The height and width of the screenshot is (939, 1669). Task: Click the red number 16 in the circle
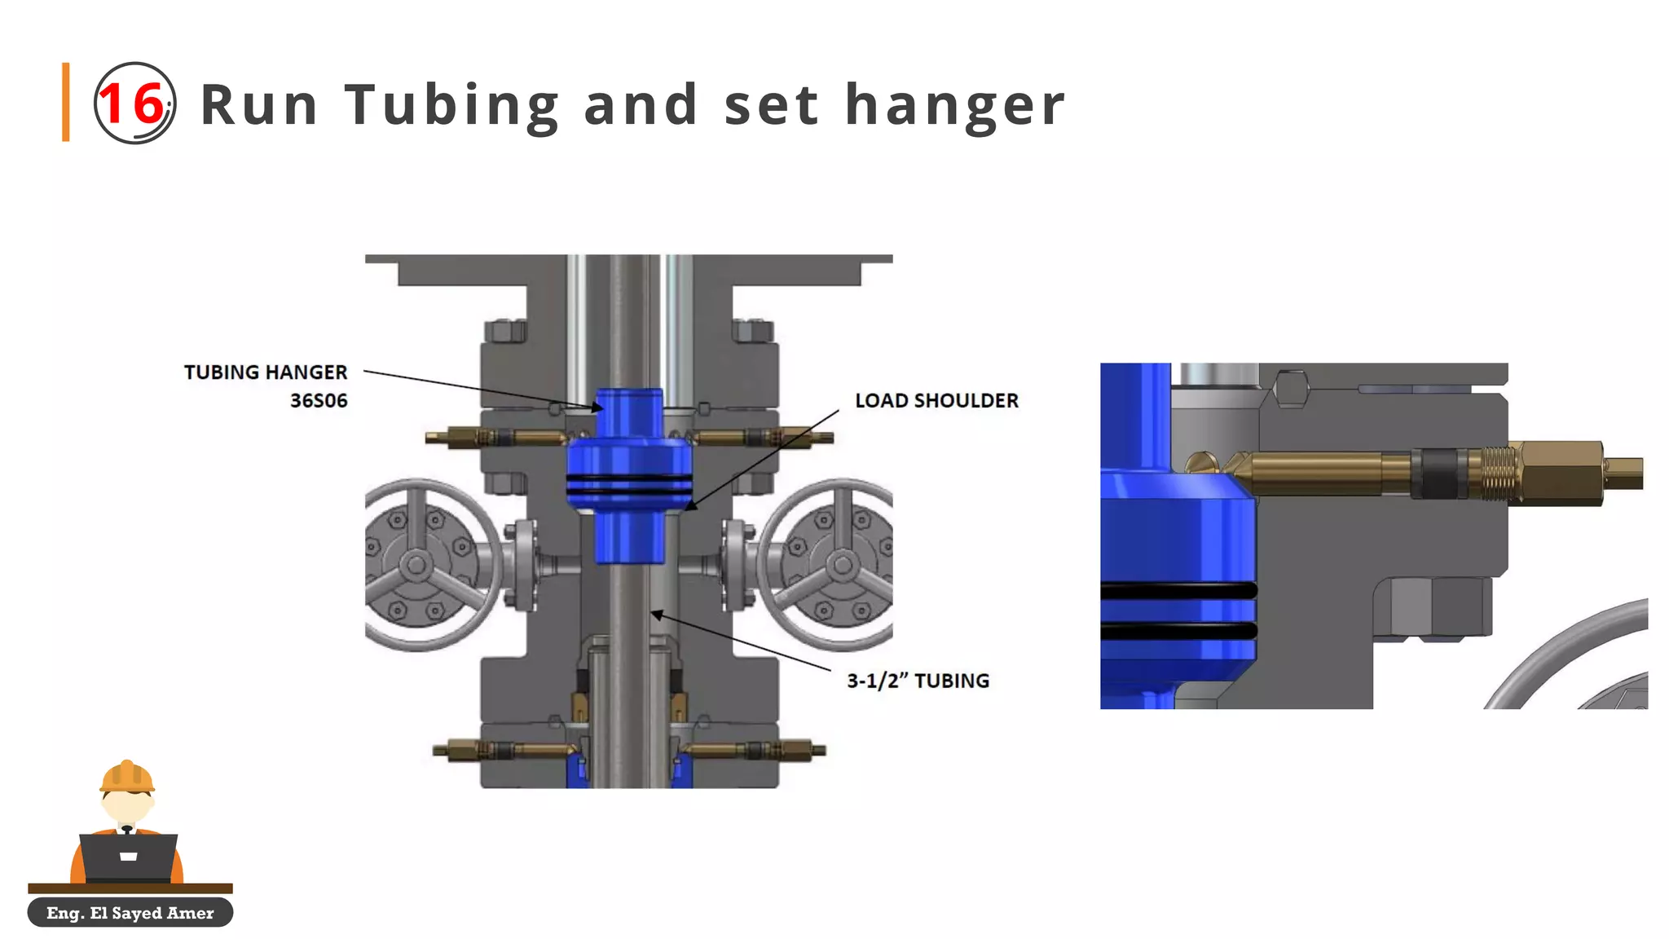point(133,104)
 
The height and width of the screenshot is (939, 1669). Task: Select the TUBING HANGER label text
point(266,373)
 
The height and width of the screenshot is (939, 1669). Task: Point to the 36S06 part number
point(319,401)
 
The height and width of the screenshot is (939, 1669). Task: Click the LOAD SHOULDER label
point(936,401)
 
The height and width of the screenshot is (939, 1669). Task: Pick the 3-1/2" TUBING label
point(918,681)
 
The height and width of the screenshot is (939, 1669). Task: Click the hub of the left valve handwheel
point(416,564)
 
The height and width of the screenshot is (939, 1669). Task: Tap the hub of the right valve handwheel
point(843,564)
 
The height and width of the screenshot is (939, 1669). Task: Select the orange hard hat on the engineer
point(126,777)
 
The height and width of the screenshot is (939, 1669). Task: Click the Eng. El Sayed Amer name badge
point(130,913)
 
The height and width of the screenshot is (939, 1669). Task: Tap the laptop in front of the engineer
point(129,857)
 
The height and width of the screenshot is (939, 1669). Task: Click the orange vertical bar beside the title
point(66,102)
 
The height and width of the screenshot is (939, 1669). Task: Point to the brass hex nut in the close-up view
point(1556,473)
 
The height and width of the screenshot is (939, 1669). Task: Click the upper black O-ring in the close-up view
point(1178,591)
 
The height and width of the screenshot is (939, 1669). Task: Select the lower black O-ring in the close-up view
point(1178,630)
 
